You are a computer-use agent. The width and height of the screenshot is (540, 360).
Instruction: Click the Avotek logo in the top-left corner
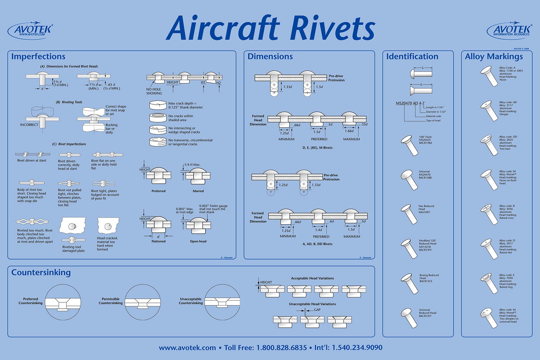tap(30, 30)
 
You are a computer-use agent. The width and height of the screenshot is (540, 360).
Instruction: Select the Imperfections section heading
tap(38, 56)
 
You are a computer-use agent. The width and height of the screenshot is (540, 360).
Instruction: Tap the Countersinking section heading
tap(41, 273)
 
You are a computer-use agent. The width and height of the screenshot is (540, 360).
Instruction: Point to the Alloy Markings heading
tap(494, 56)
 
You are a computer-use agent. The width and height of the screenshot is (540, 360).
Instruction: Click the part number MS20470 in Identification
tap(404, 103)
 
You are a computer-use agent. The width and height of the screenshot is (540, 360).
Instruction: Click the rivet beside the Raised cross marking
tap(489, 214)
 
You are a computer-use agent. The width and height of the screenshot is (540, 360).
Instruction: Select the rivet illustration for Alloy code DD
tap(489, 145)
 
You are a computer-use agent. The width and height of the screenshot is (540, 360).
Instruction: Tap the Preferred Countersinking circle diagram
tap(63, 302)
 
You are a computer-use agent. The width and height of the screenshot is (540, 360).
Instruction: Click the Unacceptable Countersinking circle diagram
tap(222, 302)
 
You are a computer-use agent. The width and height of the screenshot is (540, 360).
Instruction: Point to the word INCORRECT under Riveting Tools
tap(29, 125)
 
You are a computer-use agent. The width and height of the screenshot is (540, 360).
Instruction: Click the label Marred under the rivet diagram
tap(198, 191)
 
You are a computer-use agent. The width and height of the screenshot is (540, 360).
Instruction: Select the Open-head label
tap(198, 241)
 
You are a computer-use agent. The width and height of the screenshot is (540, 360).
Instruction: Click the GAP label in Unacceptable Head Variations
tap(317, 310)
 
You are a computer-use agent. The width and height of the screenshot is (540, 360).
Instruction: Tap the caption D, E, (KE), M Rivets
tap(317, 148)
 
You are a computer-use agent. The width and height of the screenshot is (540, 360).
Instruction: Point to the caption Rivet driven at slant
tap(32, 161)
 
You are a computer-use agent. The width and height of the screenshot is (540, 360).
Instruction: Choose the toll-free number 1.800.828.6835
tap(281, 348)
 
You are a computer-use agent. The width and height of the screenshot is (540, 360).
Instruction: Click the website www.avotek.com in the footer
tap(187, 348)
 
